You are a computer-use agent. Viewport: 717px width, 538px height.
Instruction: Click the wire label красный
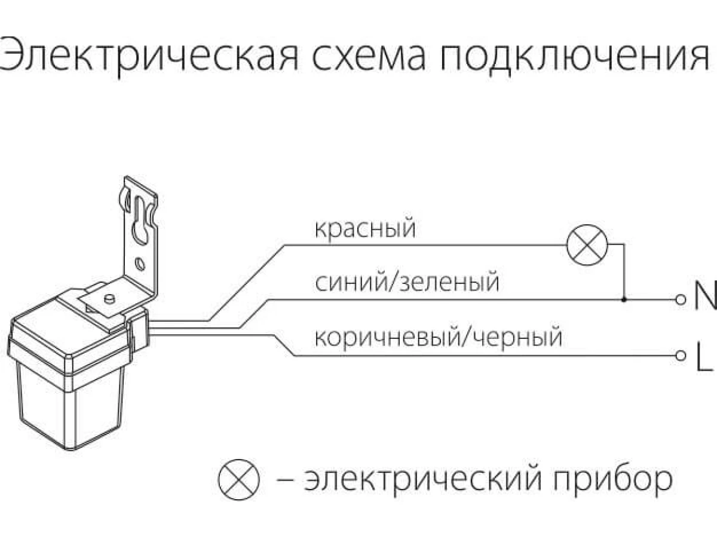[x=364, y=229]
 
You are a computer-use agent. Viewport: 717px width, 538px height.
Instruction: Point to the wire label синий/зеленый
[x=406, y=282]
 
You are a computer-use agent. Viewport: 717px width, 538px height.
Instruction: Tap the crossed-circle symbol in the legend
[x=239, y=479]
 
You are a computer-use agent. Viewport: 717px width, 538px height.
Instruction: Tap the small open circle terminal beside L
[x=680, y=356]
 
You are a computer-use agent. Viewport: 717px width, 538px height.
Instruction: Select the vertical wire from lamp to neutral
[x=624, y=272]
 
